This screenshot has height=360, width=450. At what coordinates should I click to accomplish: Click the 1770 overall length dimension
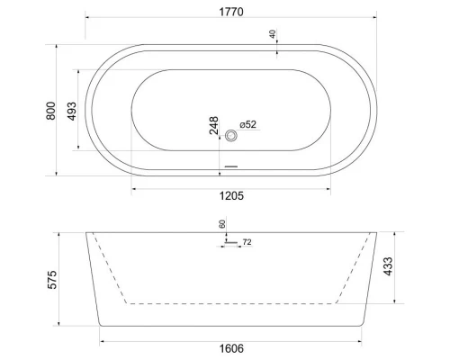point(232,11)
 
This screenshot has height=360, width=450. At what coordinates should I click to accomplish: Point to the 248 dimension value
point(214,126)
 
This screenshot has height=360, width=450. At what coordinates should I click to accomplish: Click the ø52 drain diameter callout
point(249,126)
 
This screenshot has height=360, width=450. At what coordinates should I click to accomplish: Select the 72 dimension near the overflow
point(247,243)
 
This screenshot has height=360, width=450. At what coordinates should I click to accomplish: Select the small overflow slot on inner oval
point(231,166)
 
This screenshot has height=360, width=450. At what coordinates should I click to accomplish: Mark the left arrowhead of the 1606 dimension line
point(101,340)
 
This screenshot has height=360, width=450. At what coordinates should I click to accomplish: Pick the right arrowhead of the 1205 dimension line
point(328,187)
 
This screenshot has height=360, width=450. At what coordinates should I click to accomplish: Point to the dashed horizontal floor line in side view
point(231,304)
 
